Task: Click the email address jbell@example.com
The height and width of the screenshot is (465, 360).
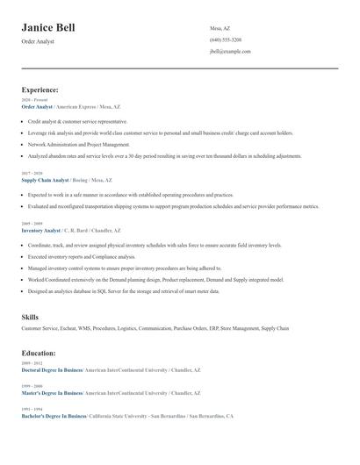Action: coord(230,52)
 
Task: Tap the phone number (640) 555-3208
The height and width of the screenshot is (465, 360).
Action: coord(226,40)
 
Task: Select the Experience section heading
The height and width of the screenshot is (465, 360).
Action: coord(40,89)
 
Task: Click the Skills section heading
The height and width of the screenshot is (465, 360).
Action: coord(31,316)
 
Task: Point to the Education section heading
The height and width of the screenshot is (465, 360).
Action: coord(39,353)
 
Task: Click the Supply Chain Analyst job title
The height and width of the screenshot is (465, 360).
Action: coord(45,179)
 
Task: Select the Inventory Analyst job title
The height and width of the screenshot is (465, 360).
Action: coord(40,230)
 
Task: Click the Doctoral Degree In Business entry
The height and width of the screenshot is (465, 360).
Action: coord(52,370)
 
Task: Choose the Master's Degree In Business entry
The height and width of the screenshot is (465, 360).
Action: coord(51,393)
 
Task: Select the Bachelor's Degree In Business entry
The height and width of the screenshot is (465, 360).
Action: coord(54,416)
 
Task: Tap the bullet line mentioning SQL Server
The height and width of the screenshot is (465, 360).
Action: coord(124,290)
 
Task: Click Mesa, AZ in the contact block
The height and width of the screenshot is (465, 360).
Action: coord(220,28)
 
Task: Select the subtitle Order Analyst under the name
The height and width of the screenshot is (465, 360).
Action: coord(38,41)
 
